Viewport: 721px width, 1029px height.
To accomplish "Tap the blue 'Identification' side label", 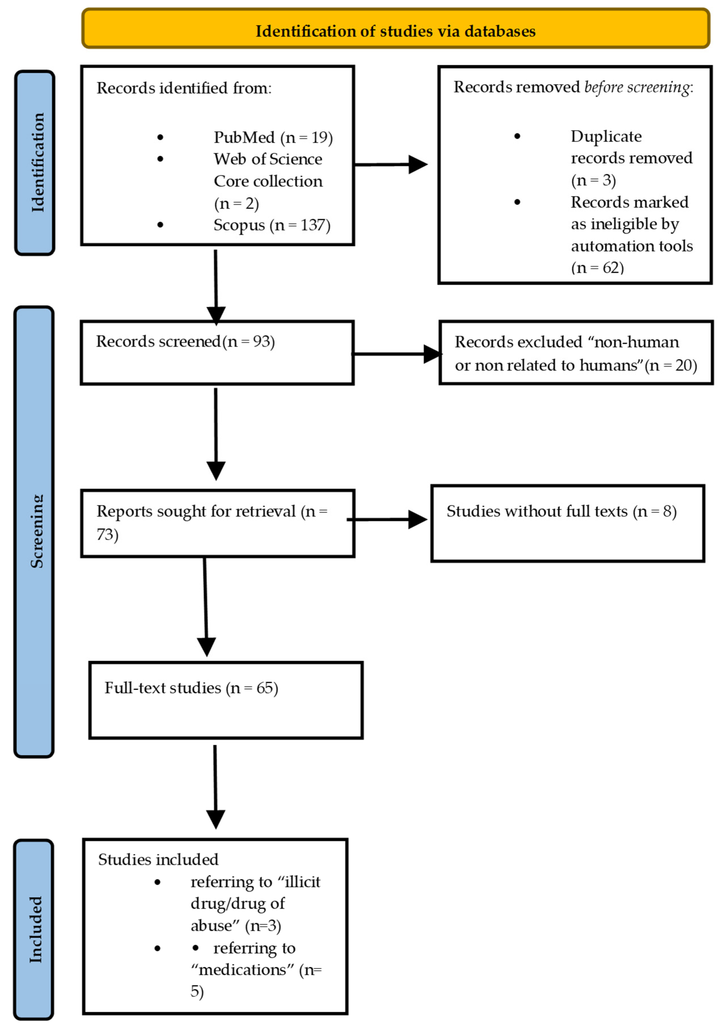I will point(35,163).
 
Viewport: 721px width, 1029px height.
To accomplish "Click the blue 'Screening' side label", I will point(34,531).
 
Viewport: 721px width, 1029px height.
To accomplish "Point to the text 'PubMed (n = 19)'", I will point(273,137).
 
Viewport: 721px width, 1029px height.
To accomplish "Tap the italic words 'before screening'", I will point(637,87).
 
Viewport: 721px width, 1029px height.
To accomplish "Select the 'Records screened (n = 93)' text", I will point(185,341).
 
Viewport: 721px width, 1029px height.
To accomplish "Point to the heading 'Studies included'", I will point(158,859).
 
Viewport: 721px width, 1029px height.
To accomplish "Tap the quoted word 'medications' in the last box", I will point(242,969).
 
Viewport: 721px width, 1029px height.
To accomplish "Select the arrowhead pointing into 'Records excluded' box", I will point(433,354).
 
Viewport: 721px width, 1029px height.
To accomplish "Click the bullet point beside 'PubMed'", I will point(160,137).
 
